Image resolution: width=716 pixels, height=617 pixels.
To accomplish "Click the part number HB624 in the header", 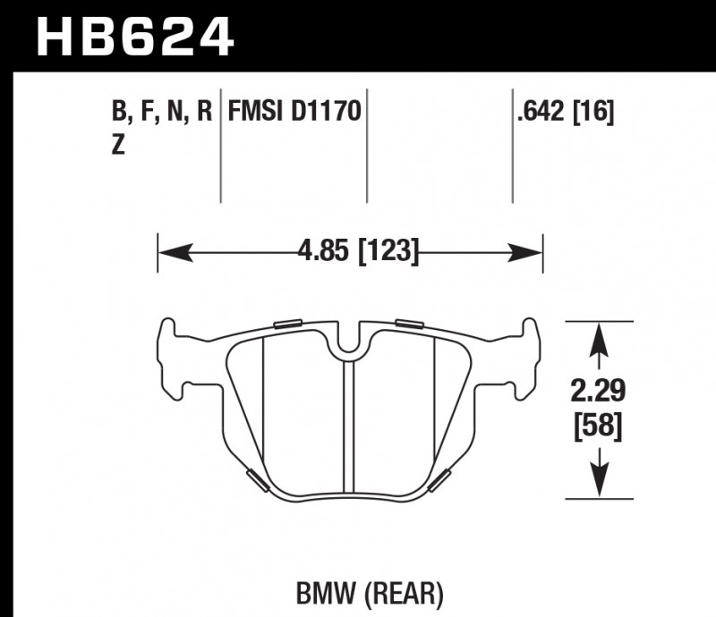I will click(134, 36).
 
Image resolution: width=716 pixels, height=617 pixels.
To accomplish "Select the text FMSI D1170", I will click(294, 113).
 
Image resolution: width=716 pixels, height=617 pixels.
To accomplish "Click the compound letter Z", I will click(118, 148).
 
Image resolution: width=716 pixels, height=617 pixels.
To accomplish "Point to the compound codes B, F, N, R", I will click(161, 113).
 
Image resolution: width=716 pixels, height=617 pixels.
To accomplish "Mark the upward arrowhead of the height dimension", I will click(599, 338).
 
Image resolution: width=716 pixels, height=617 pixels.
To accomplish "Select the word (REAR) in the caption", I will click(391, 592).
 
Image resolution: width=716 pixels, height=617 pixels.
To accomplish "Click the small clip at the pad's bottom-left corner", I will click(256, 479).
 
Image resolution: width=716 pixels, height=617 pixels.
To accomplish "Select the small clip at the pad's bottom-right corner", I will click(440, 480).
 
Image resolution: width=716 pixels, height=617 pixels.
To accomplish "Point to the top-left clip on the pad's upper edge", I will click(289, 323).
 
